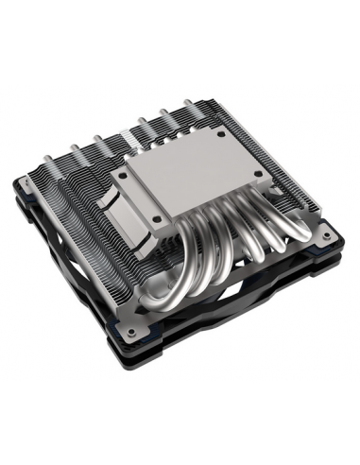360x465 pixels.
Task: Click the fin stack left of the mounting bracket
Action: point(76,203)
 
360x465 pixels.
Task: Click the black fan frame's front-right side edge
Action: point(274,312)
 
